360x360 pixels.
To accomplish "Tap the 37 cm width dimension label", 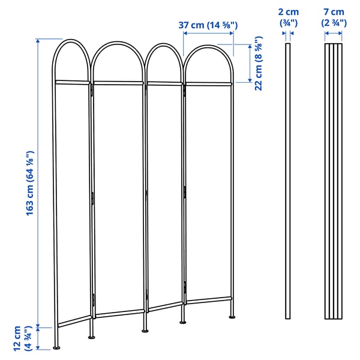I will point(208,25).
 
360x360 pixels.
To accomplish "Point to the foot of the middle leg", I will point(144,329).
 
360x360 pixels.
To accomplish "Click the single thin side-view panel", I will point(287,180).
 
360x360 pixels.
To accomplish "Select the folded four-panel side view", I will point(334,180).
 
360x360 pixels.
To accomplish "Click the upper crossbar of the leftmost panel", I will point(72,80).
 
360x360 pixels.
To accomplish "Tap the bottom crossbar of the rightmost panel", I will point(208,298).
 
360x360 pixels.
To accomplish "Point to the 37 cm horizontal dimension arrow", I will point(208,34).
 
